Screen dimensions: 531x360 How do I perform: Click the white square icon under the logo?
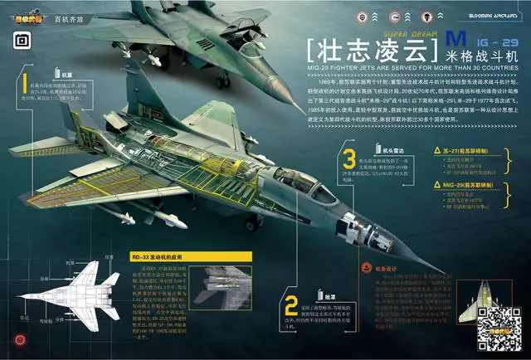pos(22,38)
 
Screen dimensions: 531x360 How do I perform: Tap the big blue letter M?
pos(453,40)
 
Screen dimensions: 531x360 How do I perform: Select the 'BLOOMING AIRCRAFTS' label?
pos(493,17)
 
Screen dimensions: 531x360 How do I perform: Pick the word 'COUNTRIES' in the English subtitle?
pos(491,69)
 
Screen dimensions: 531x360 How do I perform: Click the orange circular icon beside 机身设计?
pos(368,268)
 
